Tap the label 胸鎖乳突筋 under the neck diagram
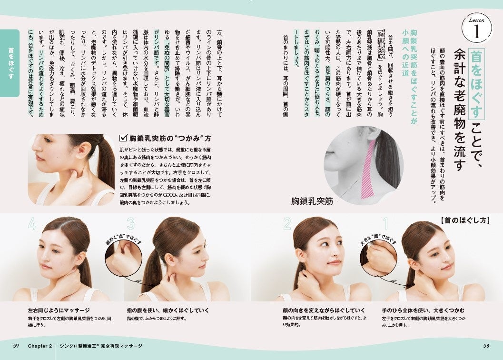coord(312,201)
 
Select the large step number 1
coord(386,224)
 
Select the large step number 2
coord(287,224)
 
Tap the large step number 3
coord(130,224)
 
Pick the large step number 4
coord(32,224)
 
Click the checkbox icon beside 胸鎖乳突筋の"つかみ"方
coord(123,138)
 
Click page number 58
coord(486,346)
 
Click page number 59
coord(16,346)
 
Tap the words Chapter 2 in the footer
coord(40,346)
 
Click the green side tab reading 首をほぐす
coord(10,63)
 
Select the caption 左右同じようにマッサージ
coord(59,310)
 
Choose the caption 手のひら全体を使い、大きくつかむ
coord(423,310)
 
